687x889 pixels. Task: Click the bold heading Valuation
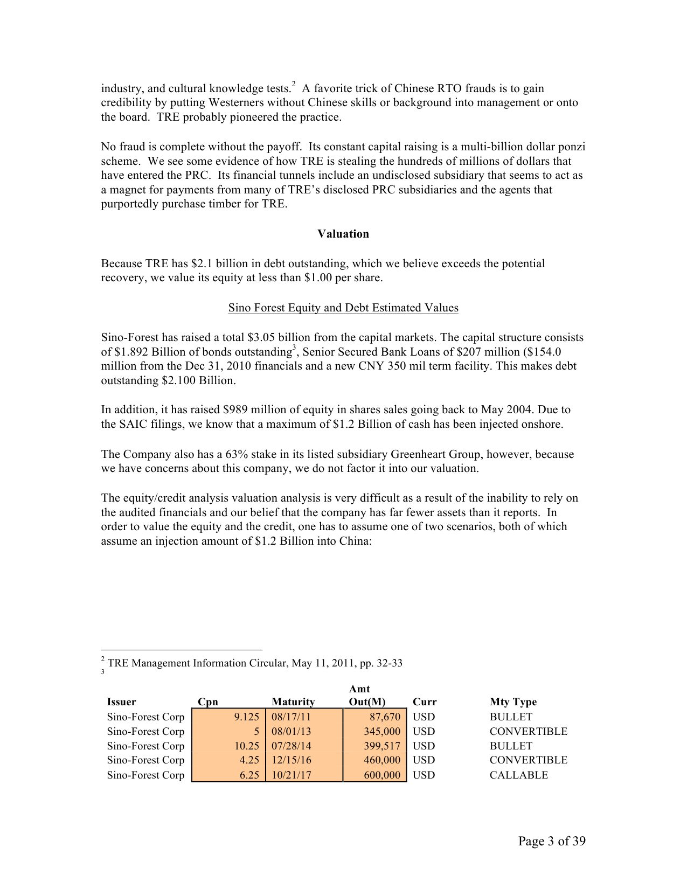pos(343,234)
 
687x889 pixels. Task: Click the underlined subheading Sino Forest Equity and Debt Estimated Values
pos(343,308)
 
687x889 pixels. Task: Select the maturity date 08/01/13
pos(292,732)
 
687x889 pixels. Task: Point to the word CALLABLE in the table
pos(518,775)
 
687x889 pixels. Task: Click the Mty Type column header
pos(513,702)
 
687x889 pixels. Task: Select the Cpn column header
pos(207,702)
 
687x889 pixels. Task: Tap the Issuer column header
pos(121,702)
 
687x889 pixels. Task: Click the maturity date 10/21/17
pos(292,775)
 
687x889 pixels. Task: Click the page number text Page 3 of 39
pos(551,841)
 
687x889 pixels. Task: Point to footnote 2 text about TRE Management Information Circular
pos(254,663)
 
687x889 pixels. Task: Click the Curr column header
pos(424,702)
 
